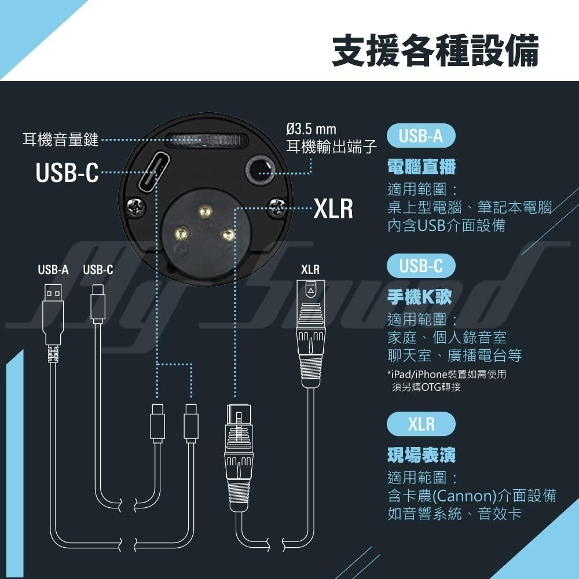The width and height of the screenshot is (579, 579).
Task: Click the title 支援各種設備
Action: [x=435, y=50]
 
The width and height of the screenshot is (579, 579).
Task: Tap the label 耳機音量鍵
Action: [x=60, y=140]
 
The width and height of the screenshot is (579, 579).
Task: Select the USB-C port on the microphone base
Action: [x=148, y=170]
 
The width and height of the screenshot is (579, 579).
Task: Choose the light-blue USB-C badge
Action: [x=420, y=266]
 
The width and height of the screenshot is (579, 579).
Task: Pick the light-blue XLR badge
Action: [x=420, y=424]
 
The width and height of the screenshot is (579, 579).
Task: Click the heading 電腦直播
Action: [x=422, y=168]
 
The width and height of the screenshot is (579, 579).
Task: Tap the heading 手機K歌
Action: [x=419, y=297]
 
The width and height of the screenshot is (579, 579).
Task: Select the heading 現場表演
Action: [x=422, y=455]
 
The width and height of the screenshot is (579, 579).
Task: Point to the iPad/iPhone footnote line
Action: [x=446, y=375]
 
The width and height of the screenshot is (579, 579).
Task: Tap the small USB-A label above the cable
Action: [x=53, y=270]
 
